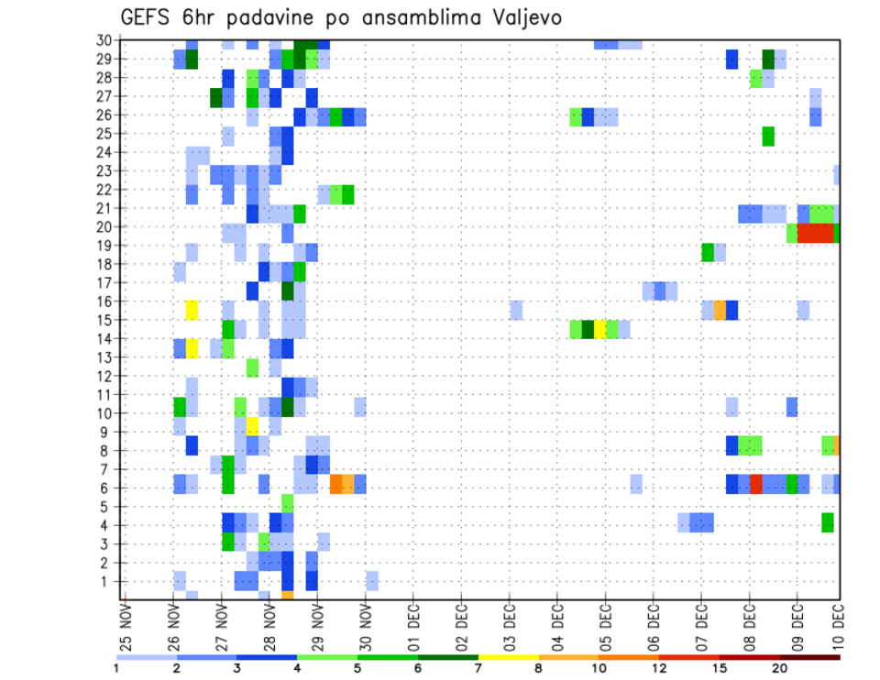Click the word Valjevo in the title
pyautogui.click(x=522, y=17)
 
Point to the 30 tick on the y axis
pyautogui.click(x=105, y=39)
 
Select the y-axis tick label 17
pyautogui.click(x=105, y=282)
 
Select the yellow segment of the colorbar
pyautogui.click(x=508, y=656)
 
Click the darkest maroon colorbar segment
pyautogui.click(x=809, y=656)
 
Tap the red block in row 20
pyautogui.click(x=815, y=233)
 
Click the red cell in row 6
pyautogui.click(x=756, y=483)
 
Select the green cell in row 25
pyautogui.click(x=768, y=136)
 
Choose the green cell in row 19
pyautogui.click(x=708, y=252)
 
